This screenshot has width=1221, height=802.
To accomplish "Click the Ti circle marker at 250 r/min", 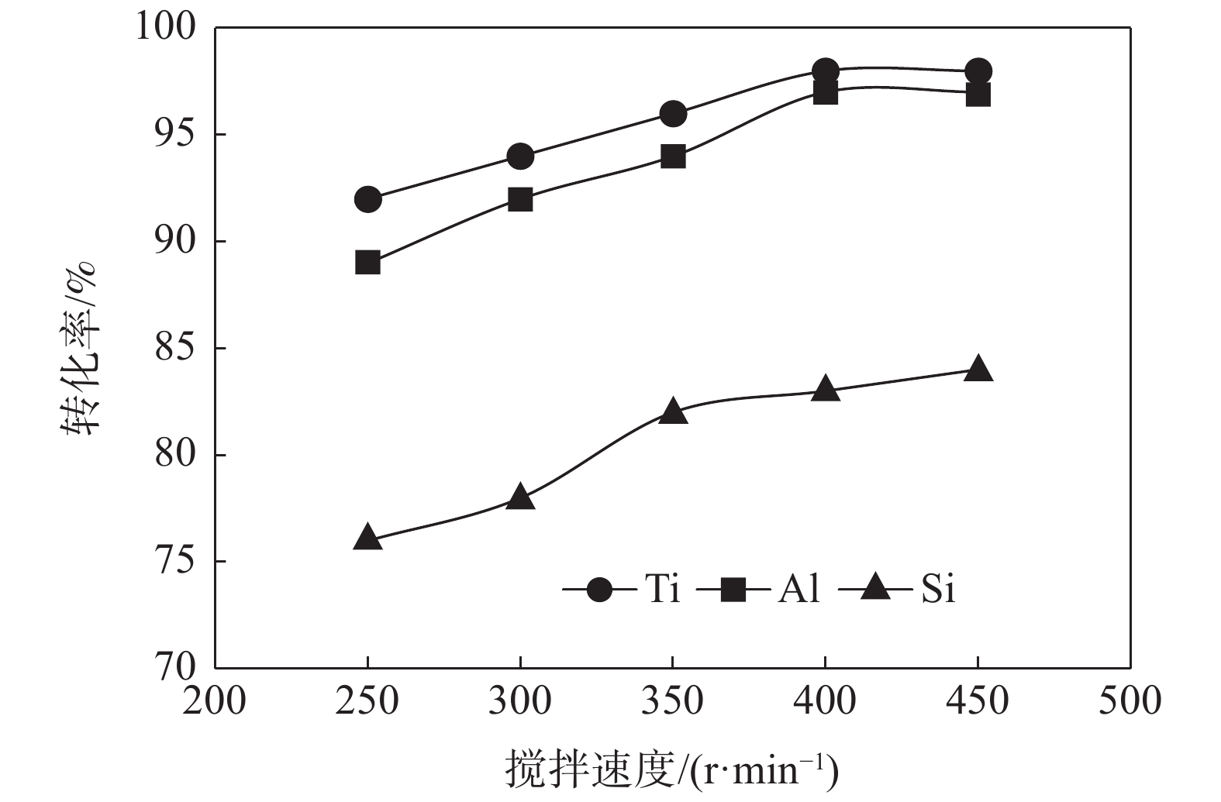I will point(367,199).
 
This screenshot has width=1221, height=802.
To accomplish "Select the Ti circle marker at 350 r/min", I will point(673,114).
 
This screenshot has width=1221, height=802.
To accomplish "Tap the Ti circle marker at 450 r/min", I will point(978,71).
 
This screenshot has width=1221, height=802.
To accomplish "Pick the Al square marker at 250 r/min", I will point(367,263).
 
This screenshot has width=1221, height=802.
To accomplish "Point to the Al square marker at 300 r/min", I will point(520,199).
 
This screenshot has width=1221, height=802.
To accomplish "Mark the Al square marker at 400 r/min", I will point(826,93).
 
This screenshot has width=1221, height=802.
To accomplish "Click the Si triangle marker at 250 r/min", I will point(367,538).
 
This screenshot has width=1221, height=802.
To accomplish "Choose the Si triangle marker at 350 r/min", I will point(673,411).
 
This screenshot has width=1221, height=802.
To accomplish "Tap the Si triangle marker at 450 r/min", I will point(978,368).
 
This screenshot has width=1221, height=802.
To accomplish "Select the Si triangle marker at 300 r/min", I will point(520,496).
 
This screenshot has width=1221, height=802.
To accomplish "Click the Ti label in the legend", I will point(662,590).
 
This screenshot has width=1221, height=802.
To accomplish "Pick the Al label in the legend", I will point(798,590).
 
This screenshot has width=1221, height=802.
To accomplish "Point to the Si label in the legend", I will point(937,590).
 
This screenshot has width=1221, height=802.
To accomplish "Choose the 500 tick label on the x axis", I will point(1130,701).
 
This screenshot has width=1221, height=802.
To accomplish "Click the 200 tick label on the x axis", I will point(215,701).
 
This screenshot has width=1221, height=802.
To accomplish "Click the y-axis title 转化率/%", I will point(78,348).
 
